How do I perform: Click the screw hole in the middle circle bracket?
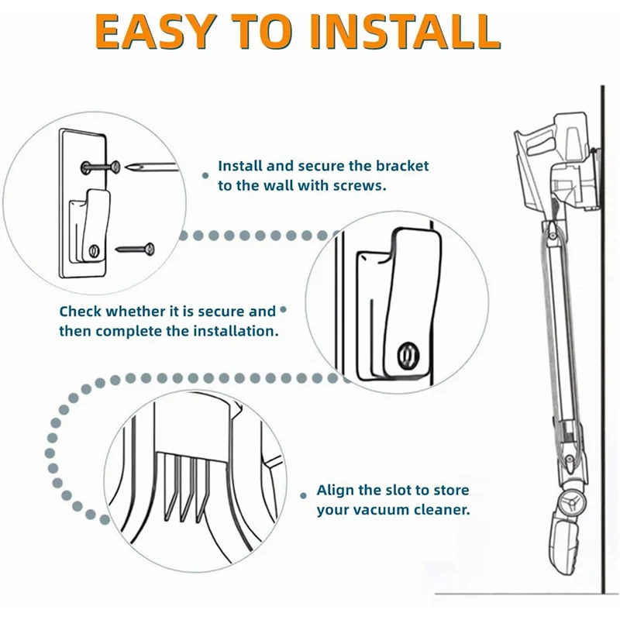point(405,354)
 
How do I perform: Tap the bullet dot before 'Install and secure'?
point(205,176)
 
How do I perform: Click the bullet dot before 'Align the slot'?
point(304,494)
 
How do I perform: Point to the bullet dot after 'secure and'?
point(283,310)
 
